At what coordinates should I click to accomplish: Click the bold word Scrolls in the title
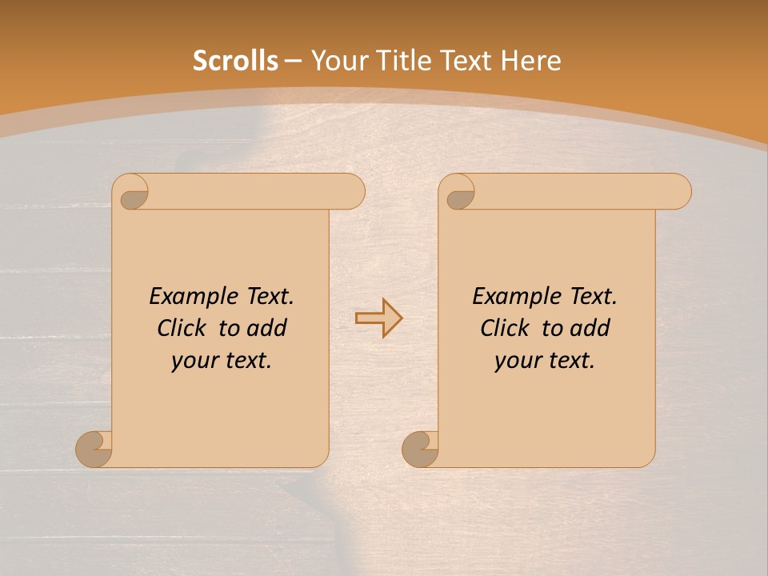(x=235, y=61)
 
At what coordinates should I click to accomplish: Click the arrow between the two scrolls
(x=378, y=318)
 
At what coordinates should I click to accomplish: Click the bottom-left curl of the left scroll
(x=94, y=449)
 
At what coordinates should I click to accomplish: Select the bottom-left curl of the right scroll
(x=420, y=449)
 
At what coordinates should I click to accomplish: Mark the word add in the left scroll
(x=268, y=328)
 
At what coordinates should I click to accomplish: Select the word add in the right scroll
(x=591, y=328)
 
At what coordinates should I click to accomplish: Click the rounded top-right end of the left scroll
(x=350, y=192)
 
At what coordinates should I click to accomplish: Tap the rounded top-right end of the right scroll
(x=677, y=192)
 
